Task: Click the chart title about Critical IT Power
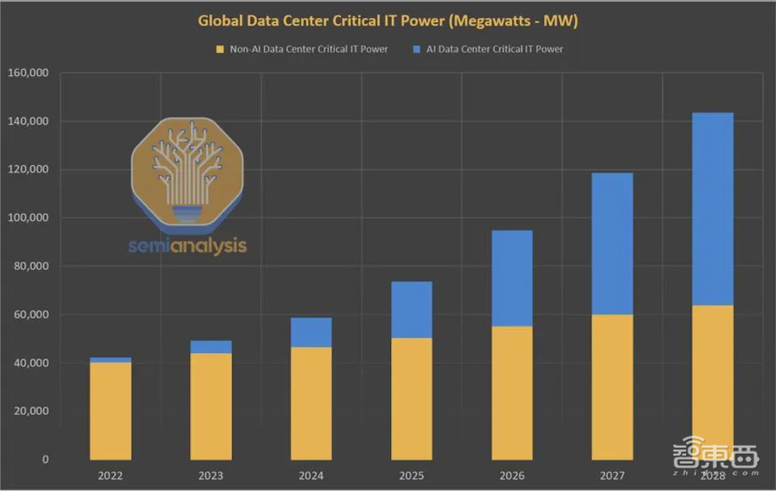pyautogui.click(x=388, y=21)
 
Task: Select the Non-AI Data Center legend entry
pyautogui.click(x=303, y=49)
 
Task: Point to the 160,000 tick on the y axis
pyautogui.click(x=29, y=73)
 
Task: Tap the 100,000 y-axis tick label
pyautogui.click(x=29, y=218)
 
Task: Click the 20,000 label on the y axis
pyautogui.click(x=31, y=411)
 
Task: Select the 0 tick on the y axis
pyautogui.click(x=45, y=459)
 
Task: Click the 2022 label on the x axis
pyautogui.click(x=110, y=475)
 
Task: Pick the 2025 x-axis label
pyautogui.click(x=411, y=475)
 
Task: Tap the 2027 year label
pyautogui.click(x=612, y=475)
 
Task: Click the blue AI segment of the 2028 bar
pyautogui.click(x=712, y=209)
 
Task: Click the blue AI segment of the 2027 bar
pyautogui.click(x=612, y=244)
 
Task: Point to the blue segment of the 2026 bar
pyautogui.click(x=512, y=278)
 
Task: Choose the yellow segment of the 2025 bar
pyautogui.click(x=411, y=399)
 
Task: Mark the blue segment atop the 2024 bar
pyautogui.click(x=311, y=332)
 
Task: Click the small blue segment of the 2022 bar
pyautogui.click(x=110, y=360)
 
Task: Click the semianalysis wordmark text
pyautogui.click(x=187, y=246)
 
